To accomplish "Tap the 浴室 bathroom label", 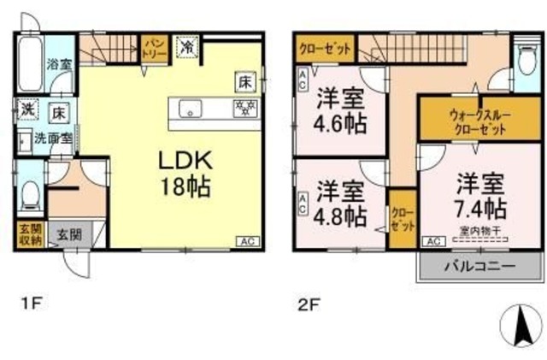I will (58, 62).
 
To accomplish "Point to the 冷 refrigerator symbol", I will (185, 46).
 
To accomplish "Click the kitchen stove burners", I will (244, 108).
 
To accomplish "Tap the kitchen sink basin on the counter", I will (190, 108).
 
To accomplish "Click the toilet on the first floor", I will (29, 195).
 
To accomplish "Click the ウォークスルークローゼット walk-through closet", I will (468, 121).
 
